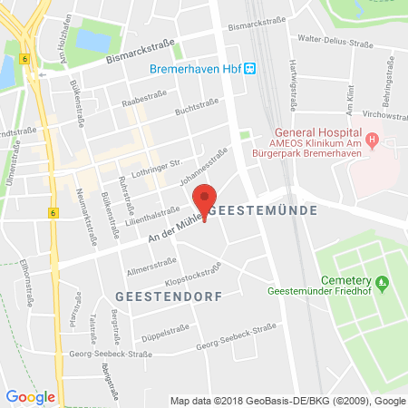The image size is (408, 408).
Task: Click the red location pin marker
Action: (208, 199)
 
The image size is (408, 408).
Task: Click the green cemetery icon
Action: (383, 283)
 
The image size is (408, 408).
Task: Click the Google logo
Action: (30, 395)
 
